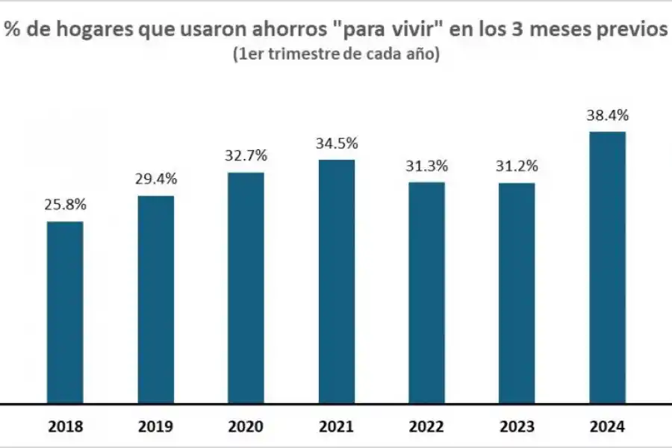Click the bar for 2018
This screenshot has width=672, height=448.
click(x=65, y=312)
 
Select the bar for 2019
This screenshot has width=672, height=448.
click(x=156, y=299)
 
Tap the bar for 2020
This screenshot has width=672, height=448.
click(x=246, y=288)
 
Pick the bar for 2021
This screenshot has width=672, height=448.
click(x=337, y=281)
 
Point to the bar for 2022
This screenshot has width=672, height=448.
click(x=427, y=293)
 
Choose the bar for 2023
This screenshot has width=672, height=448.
click(x=517, y=293)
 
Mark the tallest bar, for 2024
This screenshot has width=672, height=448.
click(x=608, y=267)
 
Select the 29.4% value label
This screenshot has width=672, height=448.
click(x=156, y=179)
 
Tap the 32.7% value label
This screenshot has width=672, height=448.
click(x=246, y=155)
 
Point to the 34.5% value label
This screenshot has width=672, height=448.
click(x=337, y=143)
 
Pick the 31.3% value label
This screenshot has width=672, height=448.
click(x=427, y=166)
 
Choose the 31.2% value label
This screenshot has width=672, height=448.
click(x=517, y=166)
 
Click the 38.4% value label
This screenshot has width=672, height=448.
click(x=608, y=116)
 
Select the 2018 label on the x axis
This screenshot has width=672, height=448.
click(x=66, y=427)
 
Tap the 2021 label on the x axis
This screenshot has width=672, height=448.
click(x=337, y=427)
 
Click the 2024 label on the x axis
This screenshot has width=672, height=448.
click(x=608, y=427)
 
